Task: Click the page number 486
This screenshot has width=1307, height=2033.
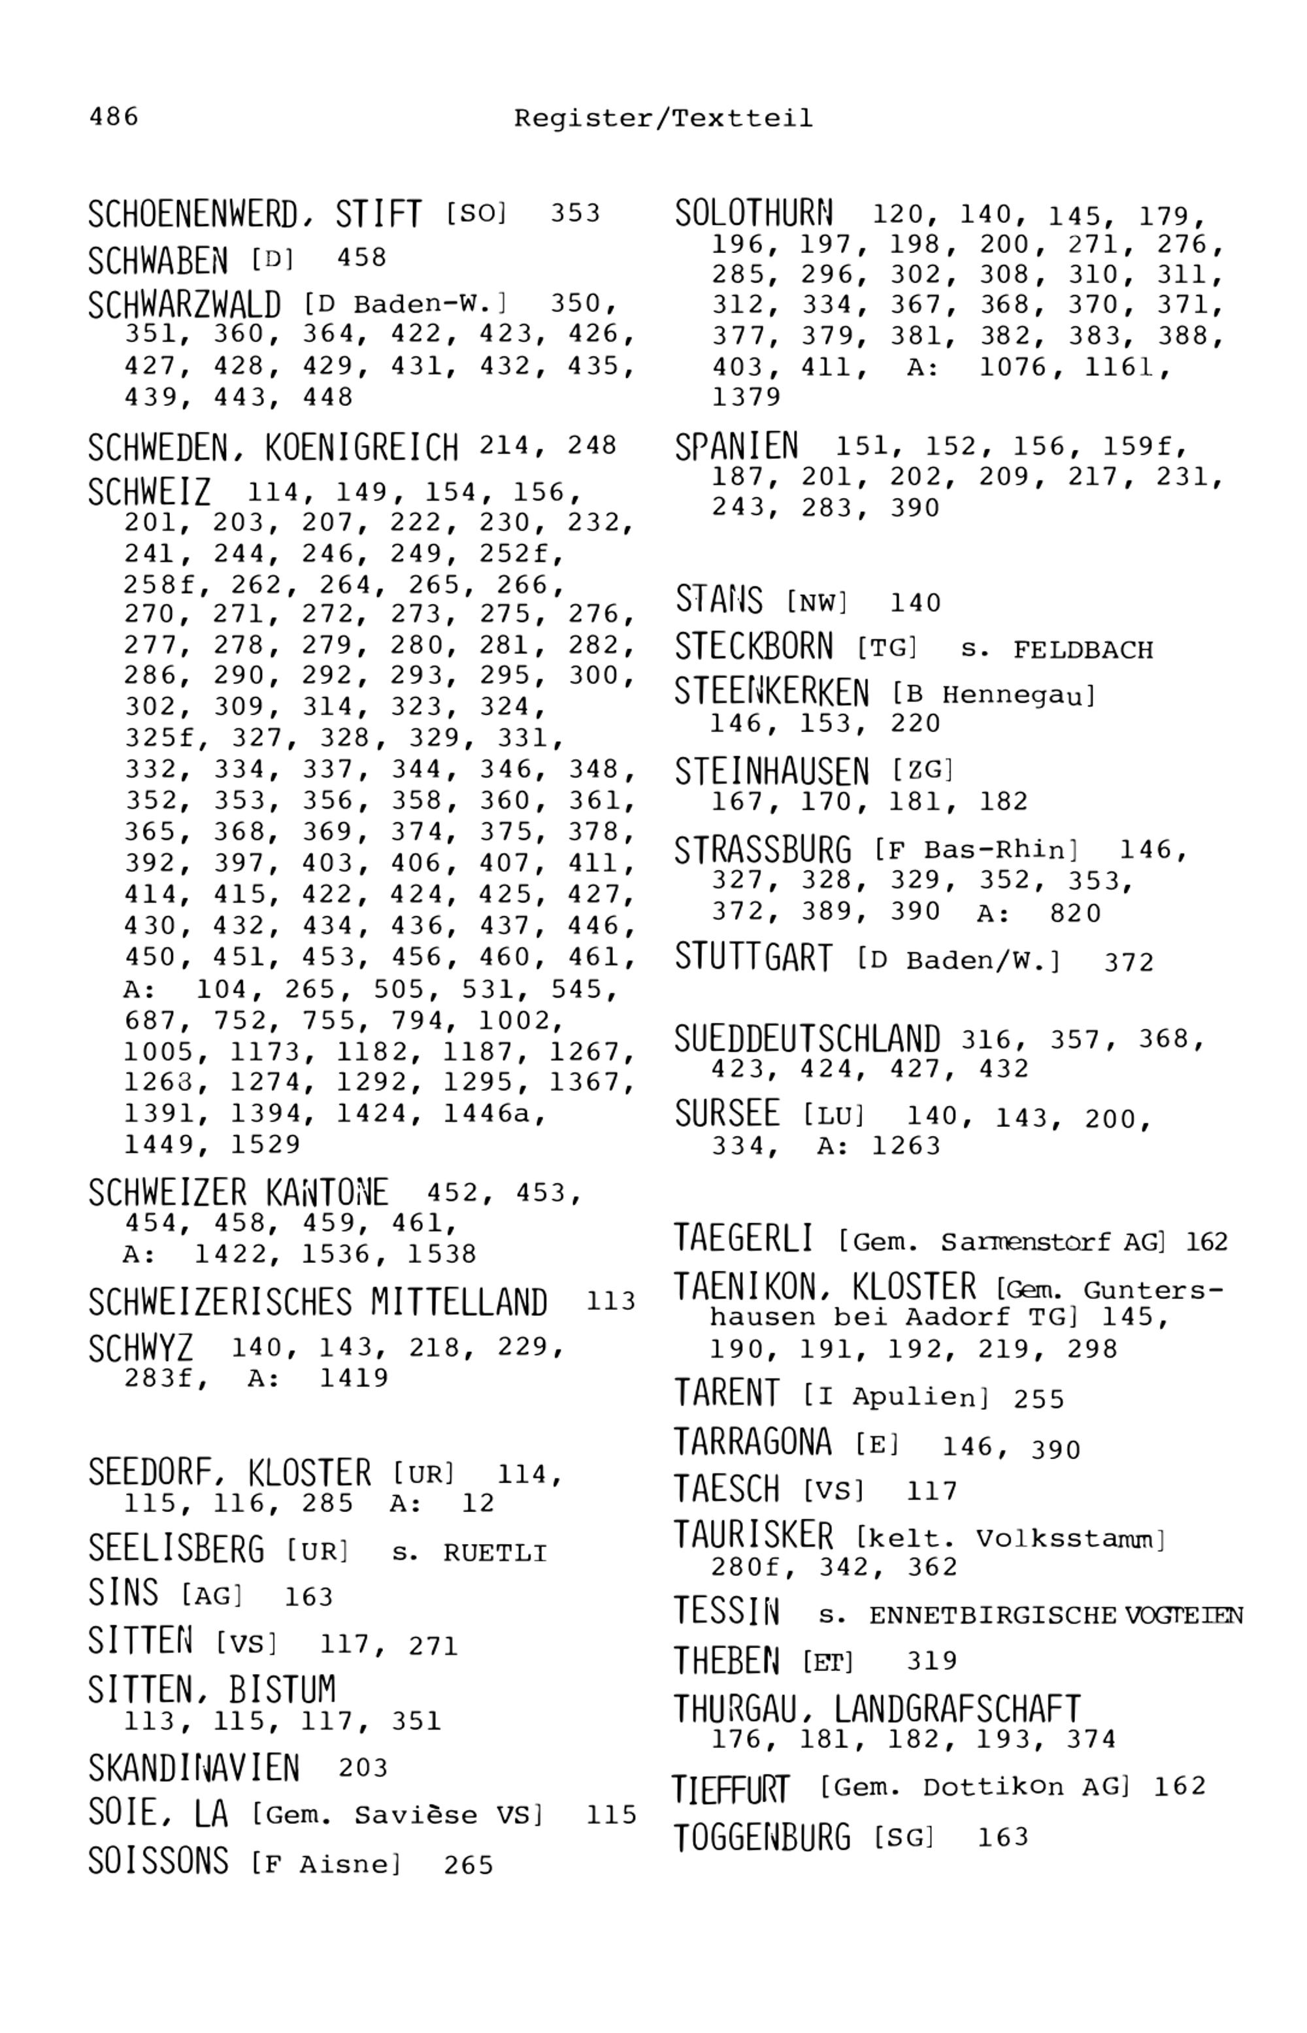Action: [x=113, y=116]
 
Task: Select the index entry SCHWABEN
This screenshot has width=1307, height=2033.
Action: [x=158, y=260]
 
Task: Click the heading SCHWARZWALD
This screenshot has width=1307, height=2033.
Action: [x=184, y=305]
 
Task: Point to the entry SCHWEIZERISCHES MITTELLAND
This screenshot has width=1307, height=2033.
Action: [x=318, y=1302]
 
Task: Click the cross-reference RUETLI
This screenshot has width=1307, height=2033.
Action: [x=494, y=1553]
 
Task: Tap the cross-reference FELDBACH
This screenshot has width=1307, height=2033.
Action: [x=1083, y=650]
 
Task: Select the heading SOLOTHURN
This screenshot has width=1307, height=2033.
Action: [x=753, y=213]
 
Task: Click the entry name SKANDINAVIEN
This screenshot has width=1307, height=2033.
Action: [x=193, y=1768]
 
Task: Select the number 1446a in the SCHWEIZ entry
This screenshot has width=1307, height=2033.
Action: [x=494, y=1113]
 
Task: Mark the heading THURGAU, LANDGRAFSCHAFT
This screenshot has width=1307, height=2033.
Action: [x=877, y=1708]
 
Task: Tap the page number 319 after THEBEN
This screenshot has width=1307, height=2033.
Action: [x=932, y=1660]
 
